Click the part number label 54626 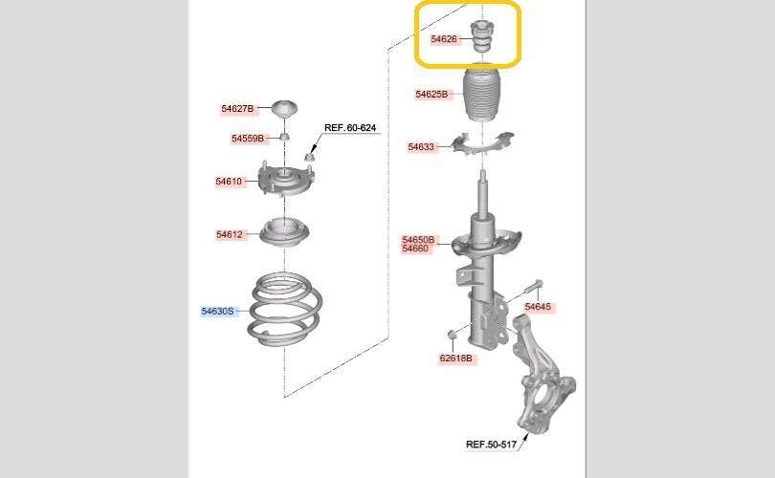tap(444, 39)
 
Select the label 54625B tap(432, 94)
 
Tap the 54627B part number tap(237, 109)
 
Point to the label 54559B tap(248, 139)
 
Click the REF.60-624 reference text tap(350, 127)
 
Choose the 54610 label tap(229, 182)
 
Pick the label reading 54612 tap(230, 234)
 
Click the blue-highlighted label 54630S tap(217, 311)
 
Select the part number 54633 tap(421, 146)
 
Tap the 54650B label tap(418, 240)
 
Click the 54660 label tap(415, 249)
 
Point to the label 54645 tap(538, 307)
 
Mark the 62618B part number tap(455, 358)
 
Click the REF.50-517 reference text tap(491, 444)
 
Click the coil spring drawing tap(285, 308)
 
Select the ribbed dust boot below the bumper tap(482, 94)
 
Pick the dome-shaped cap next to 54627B tap(285, 109)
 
